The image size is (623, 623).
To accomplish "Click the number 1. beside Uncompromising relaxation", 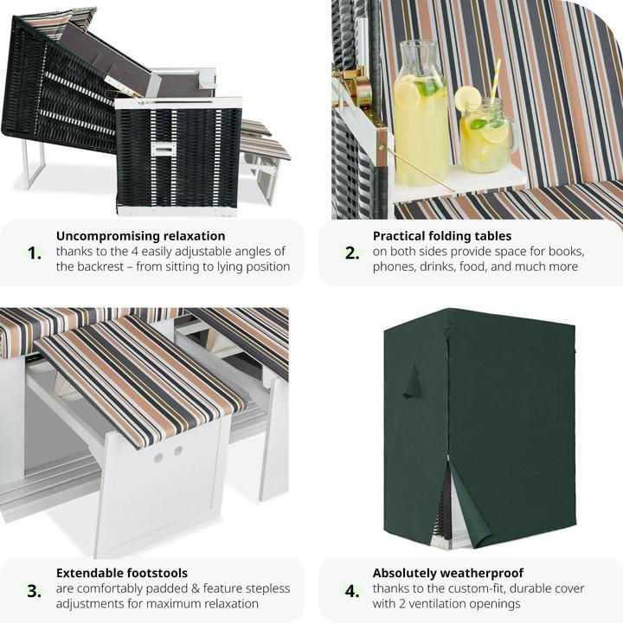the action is pyautogui.click(x=35, y=253).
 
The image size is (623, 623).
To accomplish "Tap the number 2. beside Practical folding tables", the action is pyautogui.click(x=352, y=253).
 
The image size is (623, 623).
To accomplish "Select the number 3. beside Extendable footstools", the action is pyautogui.click(x=35, y=591).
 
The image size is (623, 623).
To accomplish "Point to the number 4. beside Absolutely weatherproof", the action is pyautogui.click(x=352, y=591).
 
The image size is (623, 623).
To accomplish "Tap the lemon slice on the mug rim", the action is pyautogui.click(x=467, y=98).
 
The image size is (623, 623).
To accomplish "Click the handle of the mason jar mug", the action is pyautogui.click(x=513, y=139).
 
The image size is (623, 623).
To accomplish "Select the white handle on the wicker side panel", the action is pyautogui.click(x=164, y=150).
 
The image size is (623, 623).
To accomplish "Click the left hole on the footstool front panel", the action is pyautogui.click(x=158, y=458).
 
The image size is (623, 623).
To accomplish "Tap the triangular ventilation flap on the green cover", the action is pyautogui.click(x=412, y=382).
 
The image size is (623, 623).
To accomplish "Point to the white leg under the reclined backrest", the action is pyautogui.click(x=34, y=163).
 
